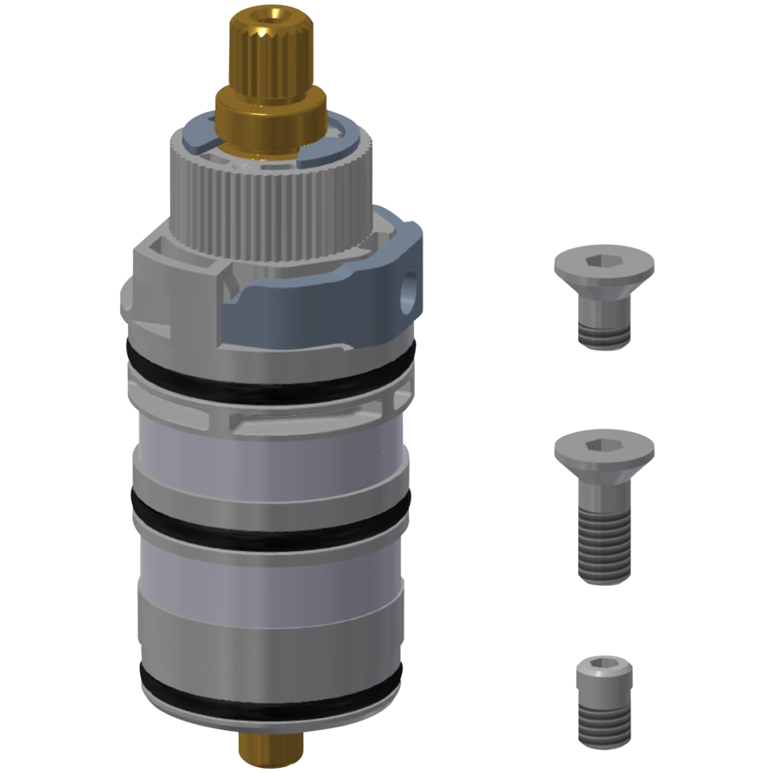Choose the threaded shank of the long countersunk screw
click(x=604, y=541)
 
